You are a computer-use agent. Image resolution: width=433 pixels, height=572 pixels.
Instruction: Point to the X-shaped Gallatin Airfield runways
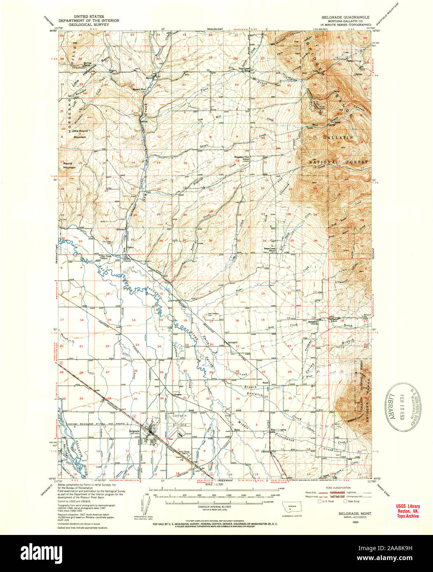179,430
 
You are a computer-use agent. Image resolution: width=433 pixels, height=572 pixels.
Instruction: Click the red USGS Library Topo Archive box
408,511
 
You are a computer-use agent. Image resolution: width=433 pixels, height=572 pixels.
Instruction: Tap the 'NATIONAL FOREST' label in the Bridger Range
338,163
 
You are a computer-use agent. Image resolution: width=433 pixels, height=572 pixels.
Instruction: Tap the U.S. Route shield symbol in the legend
319,501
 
